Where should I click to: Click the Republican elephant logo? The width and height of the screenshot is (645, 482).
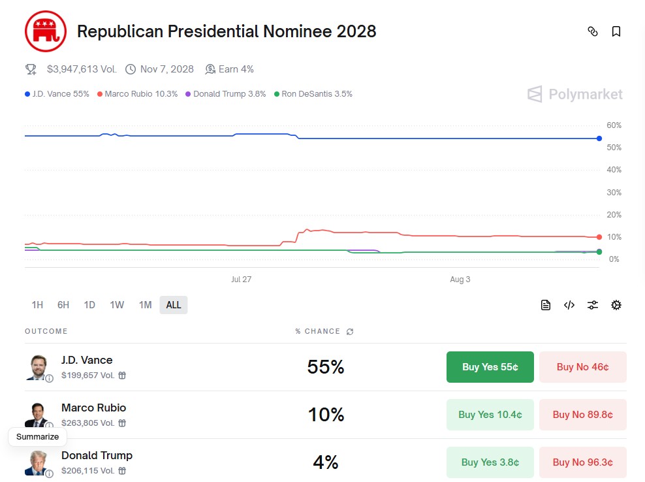click(46, 31)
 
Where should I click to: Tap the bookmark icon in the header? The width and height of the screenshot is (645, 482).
click(616, 31)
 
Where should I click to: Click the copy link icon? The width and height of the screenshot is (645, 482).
click(593, 31)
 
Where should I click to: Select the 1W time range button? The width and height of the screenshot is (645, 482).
click(117, 305)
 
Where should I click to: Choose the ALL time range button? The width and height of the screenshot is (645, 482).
click(174, 305)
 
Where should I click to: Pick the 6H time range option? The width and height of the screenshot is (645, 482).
click(63, 305)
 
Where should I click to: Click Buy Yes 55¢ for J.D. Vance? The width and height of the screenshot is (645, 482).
click(490, 367)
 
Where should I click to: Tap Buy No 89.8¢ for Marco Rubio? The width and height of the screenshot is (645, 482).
click(582, 415)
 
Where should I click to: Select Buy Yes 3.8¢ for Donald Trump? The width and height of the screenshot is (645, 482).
click(490, 462)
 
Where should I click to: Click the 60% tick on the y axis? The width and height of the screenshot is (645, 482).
click(614, 125)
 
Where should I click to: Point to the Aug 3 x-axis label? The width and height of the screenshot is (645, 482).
click(460, 280)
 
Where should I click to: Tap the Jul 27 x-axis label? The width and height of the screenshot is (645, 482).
click(241, 280)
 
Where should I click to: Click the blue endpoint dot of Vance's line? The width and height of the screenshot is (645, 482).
click(599, 138)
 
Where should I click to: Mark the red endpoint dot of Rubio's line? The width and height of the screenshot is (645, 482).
click(599, 237)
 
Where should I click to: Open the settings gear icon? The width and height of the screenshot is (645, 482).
click(616, 305)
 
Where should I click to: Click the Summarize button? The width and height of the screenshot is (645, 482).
click(37, 437)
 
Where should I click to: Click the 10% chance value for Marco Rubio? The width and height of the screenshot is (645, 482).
click(326, 415)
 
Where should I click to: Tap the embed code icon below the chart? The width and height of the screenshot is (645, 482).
click(569, 305)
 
